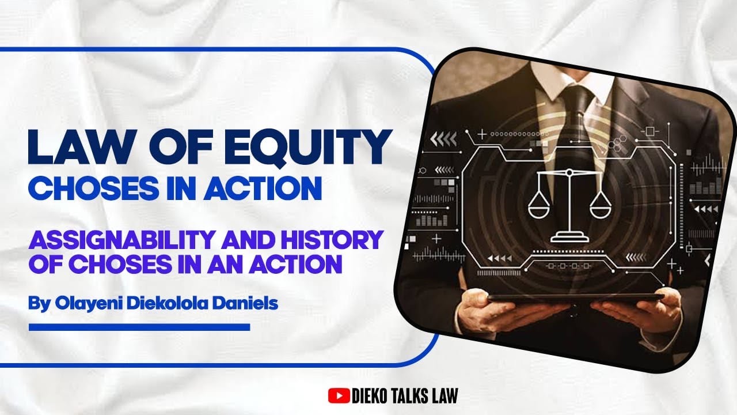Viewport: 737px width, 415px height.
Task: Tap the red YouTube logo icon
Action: pos(339,395)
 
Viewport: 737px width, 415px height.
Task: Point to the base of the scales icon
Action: pos(569,236)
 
